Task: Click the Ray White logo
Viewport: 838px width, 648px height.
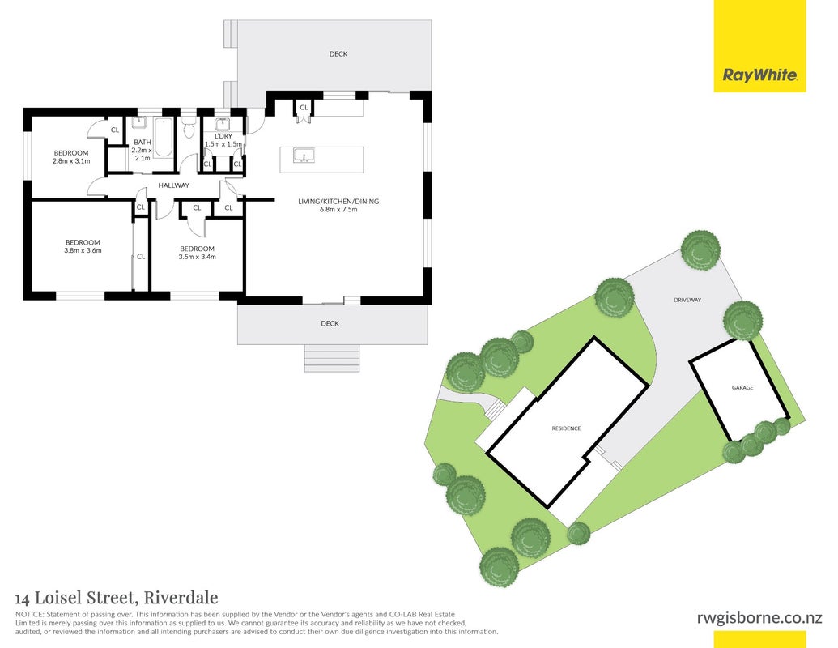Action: coord(759,75)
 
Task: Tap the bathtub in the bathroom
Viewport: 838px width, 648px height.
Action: coord(164,137)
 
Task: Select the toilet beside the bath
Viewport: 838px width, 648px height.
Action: coord(188,130)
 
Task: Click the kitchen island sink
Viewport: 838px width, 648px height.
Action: coord(304,156)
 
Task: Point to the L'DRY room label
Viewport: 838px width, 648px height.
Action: coord(223,136)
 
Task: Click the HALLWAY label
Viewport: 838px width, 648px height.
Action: coord(174,185)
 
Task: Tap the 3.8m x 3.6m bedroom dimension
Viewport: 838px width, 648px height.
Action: coord(83,250)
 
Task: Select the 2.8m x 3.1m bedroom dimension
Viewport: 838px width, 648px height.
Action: coord(71,161)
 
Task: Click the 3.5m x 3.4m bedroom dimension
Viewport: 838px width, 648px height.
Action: coord(198,257)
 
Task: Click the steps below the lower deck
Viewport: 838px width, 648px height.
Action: coord(332,358)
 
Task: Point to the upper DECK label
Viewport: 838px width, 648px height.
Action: coord(338,54)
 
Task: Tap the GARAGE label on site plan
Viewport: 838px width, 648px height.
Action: coord(742,388)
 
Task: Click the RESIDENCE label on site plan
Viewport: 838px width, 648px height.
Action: coord(566,428)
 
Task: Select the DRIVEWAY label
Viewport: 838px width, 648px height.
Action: coord(687,300)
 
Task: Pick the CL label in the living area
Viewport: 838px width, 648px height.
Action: coord(304,108)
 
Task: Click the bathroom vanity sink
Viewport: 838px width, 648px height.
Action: coord(139,122)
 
